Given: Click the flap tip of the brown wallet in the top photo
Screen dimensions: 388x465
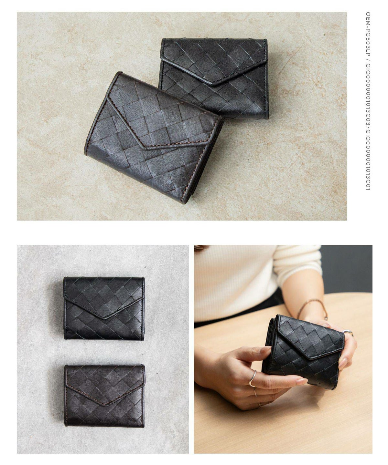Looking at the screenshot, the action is pyautogui.click(x=146, y=148).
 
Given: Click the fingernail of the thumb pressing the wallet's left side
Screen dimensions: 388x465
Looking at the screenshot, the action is pyautogui.click(x=265, y=350).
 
